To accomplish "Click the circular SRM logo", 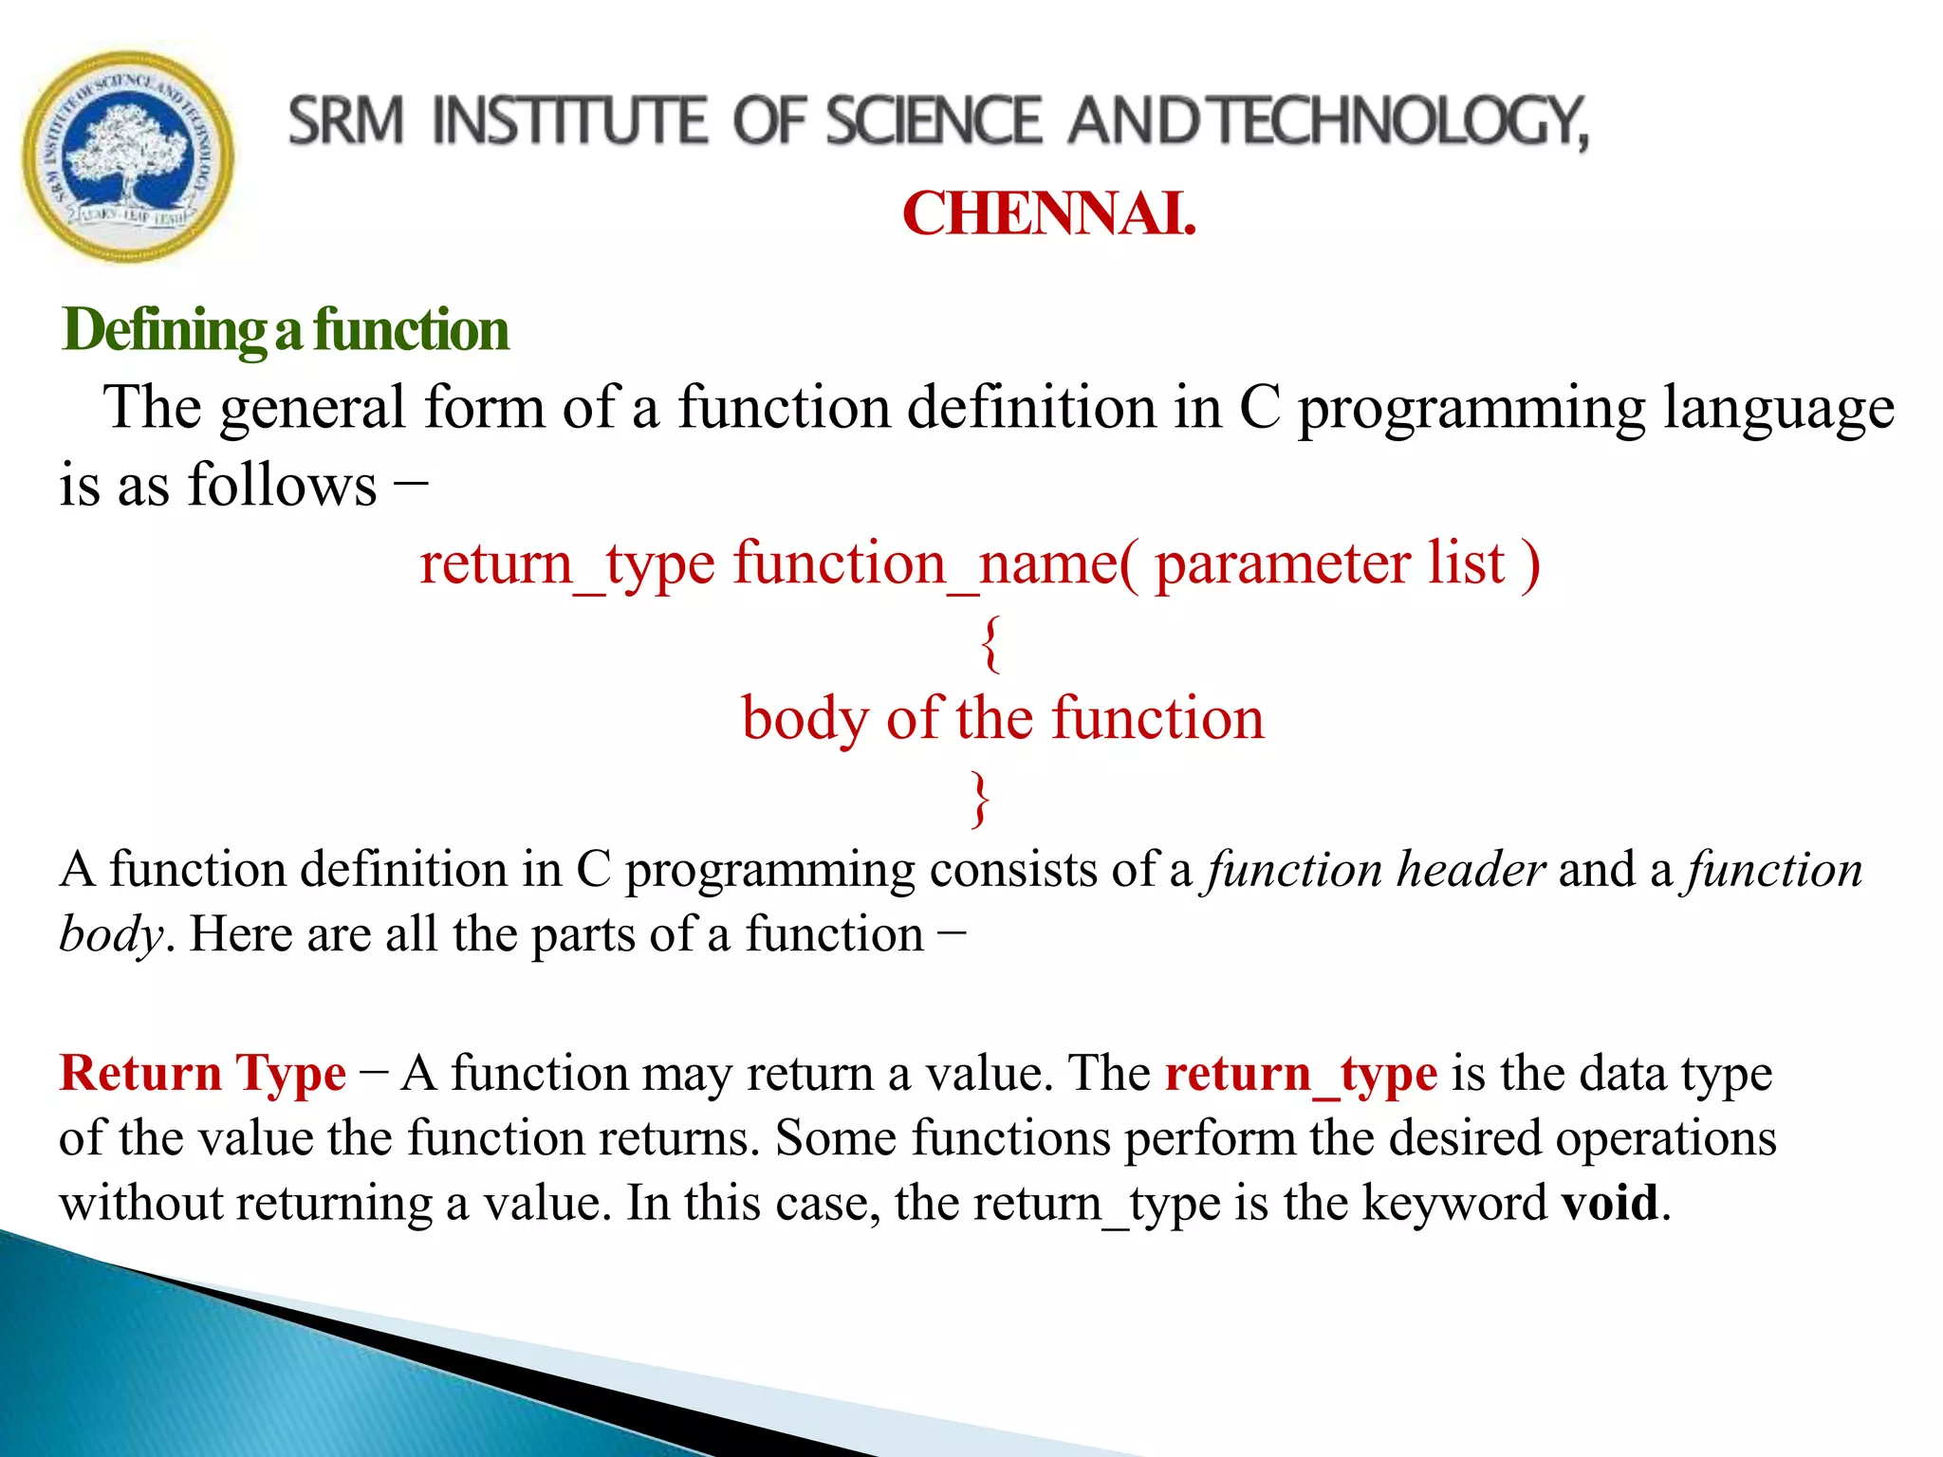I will (x=128, y=157).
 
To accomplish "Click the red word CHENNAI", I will (x=1047, y=213).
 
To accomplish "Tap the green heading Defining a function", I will (x=285, y=330).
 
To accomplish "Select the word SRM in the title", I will (x=346, y=122).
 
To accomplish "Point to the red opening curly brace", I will (x=990, y=643).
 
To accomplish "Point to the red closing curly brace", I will (x=980, y=799).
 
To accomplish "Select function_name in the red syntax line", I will (x=925, y=564).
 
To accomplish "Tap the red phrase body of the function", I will (x=1002, y=718).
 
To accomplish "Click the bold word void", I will (x=1611, y=1203).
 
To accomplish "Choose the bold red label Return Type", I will (x=203, y=1074).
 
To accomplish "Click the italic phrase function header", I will (x=1376, y=870).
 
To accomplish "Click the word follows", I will (x=283, y=486).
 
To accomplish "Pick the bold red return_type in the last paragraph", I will (x=1301, y=1074).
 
